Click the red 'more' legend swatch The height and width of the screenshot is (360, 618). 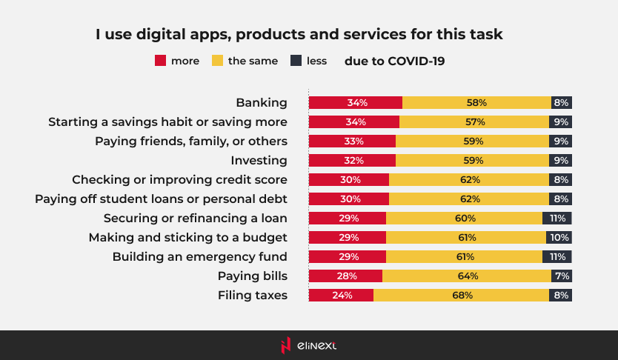click(x=159, y=61)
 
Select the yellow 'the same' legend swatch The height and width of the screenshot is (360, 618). click(x=216, y=61)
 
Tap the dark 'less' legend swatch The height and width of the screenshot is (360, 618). click(x=296, y=61)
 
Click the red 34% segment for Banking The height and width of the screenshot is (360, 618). click(x=356, y=103)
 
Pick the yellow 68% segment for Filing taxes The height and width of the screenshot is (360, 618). click(x=462, y=296)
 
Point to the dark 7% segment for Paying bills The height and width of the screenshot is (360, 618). click(x=561, y=276)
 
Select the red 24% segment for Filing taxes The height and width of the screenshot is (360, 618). click(x=341, y=296)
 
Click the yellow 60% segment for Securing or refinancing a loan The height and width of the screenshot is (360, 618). click(x=464, y=219)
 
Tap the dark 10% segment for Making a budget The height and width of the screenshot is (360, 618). click(x=559, y=238)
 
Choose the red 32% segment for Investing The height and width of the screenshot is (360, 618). click(x=352, y=161)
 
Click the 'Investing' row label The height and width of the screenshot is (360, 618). click(x=259, y=161)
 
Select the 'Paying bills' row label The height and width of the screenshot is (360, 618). click(x=252, y=276)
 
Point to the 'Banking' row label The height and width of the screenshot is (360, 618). click(x=261, y=103)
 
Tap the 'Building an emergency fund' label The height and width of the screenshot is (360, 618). click(x=199, y=257)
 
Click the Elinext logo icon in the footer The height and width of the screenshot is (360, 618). click(x=286, y=344)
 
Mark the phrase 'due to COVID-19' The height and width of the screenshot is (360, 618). click(x=394, y=61)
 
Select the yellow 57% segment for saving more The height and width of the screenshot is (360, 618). click(x=474, y=122)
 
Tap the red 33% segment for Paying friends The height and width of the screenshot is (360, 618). click(x=352, y=141)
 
